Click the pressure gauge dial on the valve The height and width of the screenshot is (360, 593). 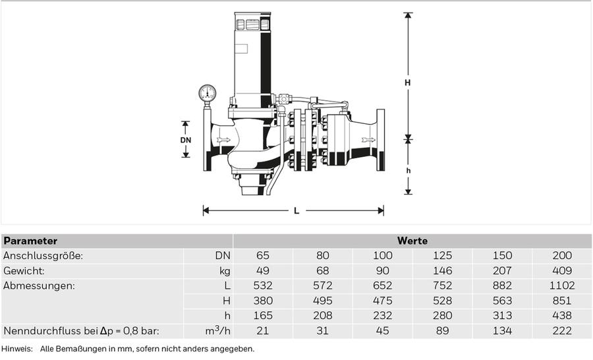(x=208, y=93)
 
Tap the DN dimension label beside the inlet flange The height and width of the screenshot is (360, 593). (x=186, y=140)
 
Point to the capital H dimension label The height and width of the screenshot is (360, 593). (x=407, y=82)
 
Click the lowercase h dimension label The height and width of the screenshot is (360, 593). (x=408, y=171)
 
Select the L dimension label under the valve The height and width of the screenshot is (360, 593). (x=296, y=211)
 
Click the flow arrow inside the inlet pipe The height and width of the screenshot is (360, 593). (x=223, y=140)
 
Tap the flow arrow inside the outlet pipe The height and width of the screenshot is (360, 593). (x=368, y=140)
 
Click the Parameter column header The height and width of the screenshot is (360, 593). (x=30, y=241)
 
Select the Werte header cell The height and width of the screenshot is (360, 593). (x=412, y=241)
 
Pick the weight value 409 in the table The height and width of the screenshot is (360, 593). (x=562, y=271)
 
